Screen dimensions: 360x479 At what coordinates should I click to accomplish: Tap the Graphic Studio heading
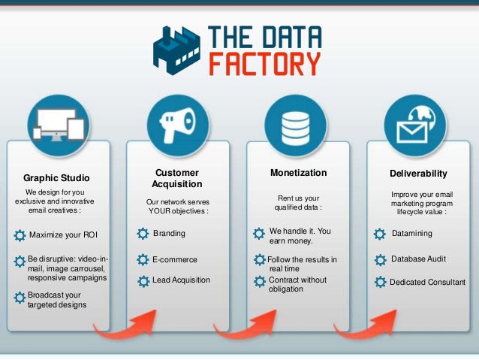56,178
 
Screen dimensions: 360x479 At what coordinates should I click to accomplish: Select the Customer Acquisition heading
177,178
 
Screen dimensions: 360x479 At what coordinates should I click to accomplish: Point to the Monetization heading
298,173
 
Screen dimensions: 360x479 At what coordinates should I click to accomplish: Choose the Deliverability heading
418,174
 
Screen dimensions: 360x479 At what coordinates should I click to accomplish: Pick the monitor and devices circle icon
58,125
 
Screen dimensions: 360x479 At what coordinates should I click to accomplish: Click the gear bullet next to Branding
143,234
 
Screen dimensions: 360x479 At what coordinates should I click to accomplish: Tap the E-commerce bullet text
175,259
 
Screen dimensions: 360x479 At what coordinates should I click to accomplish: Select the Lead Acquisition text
182,280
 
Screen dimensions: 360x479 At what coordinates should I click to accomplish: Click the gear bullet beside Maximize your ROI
20,235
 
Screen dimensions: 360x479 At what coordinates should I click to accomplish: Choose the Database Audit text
418,259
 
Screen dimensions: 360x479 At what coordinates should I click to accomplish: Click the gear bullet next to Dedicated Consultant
380,283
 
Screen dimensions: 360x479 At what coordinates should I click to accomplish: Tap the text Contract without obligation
297,284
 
